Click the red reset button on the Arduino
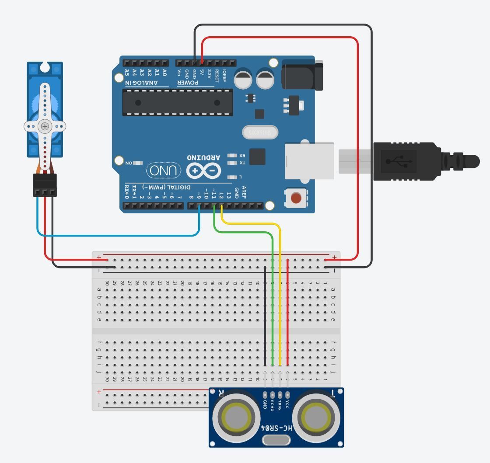pyautogui.click(x=296, y=198)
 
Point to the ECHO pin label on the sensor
pyautogui.click(x=272, y=404)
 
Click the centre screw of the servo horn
pyautogui.click(x=45, y=126)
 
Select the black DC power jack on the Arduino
pyautogui.click(x=302, y=75)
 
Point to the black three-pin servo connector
pyautogui.click(x=45, y=185)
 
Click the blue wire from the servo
pyautogui.click(x=118, y=236)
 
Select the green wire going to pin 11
pyautogui.click(x=273, y=297)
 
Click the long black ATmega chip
pyautogui.click(x=177, y=103)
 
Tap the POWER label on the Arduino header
pyautogui.click(x=188, y=83)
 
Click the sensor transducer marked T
pyautogui.click(x=317, y=418)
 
